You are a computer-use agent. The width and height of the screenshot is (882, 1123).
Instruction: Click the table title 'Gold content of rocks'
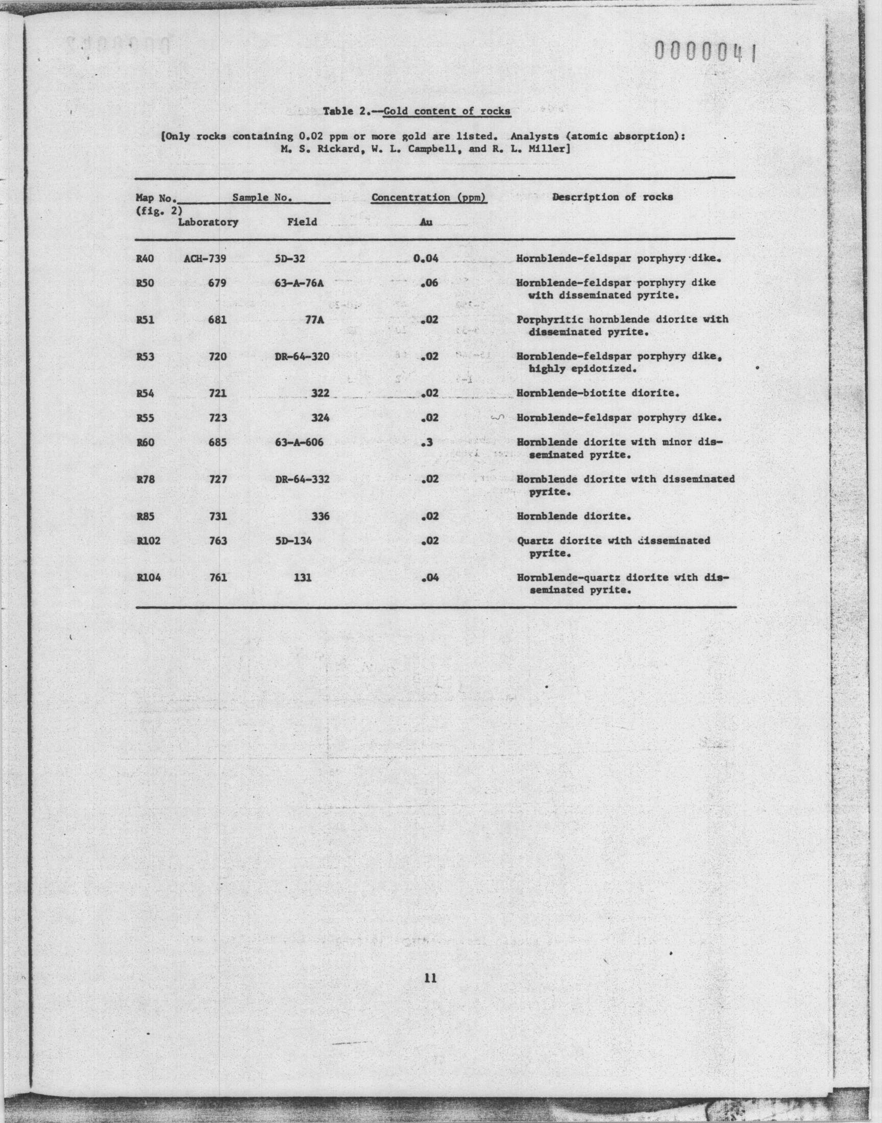click(447, 111)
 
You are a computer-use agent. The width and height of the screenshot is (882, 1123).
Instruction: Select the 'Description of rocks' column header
click(612, 197)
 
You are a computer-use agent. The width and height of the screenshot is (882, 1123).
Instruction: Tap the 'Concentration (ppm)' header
click(429, 197)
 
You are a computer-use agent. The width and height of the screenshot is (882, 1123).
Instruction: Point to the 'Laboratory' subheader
click(208, 222)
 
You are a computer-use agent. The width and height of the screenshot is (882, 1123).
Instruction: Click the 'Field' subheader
click(302, 222)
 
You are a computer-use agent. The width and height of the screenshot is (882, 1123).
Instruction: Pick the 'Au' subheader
click(426, 222)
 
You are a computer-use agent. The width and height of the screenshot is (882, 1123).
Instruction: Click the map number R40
click(145, 258)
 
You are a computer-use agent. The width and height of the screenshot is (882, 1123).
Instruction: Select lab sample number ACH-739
click(205, 258)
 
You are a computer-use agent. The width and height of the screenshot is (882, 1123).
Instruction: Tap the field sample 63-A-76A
click(300, 283)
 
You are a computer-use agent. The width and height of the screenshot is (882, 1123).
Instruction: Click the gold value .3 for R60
click(427, 443)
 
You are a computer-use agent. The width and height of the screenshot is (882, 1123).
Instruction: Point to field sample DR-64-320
click(302, 356)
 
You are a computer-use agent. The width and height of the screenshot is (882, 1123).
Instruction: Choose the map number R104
click(149, 578)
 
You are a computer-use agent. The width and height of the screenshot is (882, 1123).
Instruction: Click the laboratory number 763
click(218, 541)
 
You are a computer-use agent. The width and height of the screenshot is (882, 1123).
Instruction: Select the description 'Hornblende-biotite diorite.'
click(598, 393)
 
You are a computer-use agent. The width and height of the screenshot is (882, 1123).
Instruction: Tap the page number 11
click(430, 978)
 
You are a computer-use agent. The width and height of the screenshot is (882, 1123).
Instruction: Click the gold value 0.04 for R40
click(426, 258)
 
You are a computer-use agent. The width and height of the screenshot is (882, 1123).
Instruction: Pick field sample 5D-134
click(293, 541)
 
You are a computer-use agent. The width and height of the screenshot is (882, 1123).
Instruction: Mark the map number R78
click(145, 479)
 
